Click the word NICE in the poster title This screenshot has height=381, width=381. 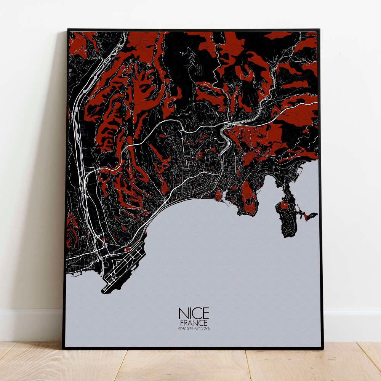tap(194, 313)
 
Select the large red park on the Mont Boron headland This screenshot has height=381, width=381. tap(248, 196)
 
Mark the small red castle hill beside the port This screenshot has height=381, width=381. tap(218, 195)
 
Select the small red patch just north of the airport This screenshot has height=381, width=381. tap(127, 249)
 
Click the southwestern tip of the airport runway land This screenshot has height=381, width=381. tap(103, 292)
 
